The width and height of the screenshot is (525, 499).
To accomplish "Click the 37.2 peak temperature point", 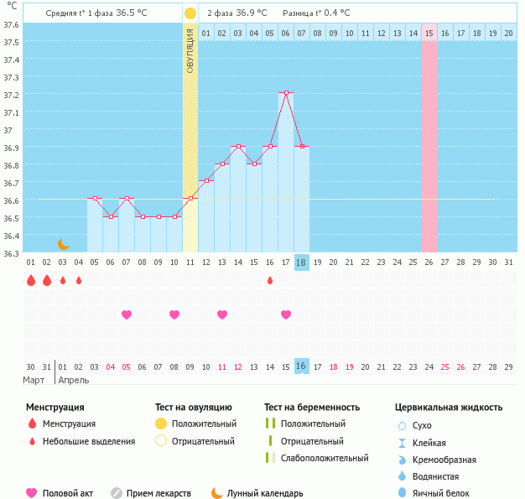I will click(x=286, y=93).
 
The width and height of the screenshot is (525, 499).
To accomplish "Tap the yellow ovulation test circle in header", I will click(x=190, y=13).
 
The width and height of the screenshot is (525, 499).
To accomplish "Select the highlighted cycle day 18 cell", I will click(x=302, y=262).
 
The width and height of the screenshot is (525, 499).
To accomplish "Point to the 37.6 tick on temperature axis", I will click(x=12, y=24).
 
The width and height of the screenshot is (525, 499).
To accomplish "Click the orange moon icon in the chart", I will click(x=63, y=243).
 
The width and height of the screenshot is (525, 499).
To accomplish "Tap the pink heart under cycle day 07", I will click(x=127, y=314).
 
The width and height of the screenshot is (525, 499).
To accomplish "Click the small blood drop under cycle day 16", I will click(x=270, y=280).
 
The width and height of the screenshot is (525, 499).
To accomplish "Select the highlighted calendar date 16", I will click(x=302, y=366).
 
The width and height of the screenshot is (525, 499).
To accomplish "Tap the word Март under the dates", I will click(x=35, y=380).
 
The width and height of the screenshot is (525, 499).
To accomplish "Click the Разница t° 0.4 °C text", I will click(x=317, y=13).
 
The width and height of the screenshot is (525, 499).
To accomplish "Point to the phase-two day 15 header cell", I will click(x=429, y=33).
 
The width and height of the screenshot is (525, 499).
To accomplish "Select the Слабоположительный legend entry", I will click(x=325, y=458).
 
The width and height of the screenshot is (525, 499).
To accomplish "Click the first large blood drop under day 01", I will click(x=31, y=281).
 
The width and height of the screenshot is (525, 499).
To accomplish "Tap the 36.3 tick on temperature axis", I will click(x=12, y=253).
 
